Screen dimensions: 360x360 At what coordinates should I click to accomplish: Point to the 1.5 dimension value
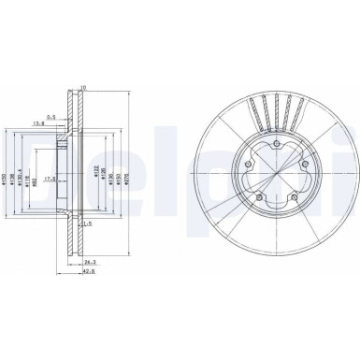(85, 224)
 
